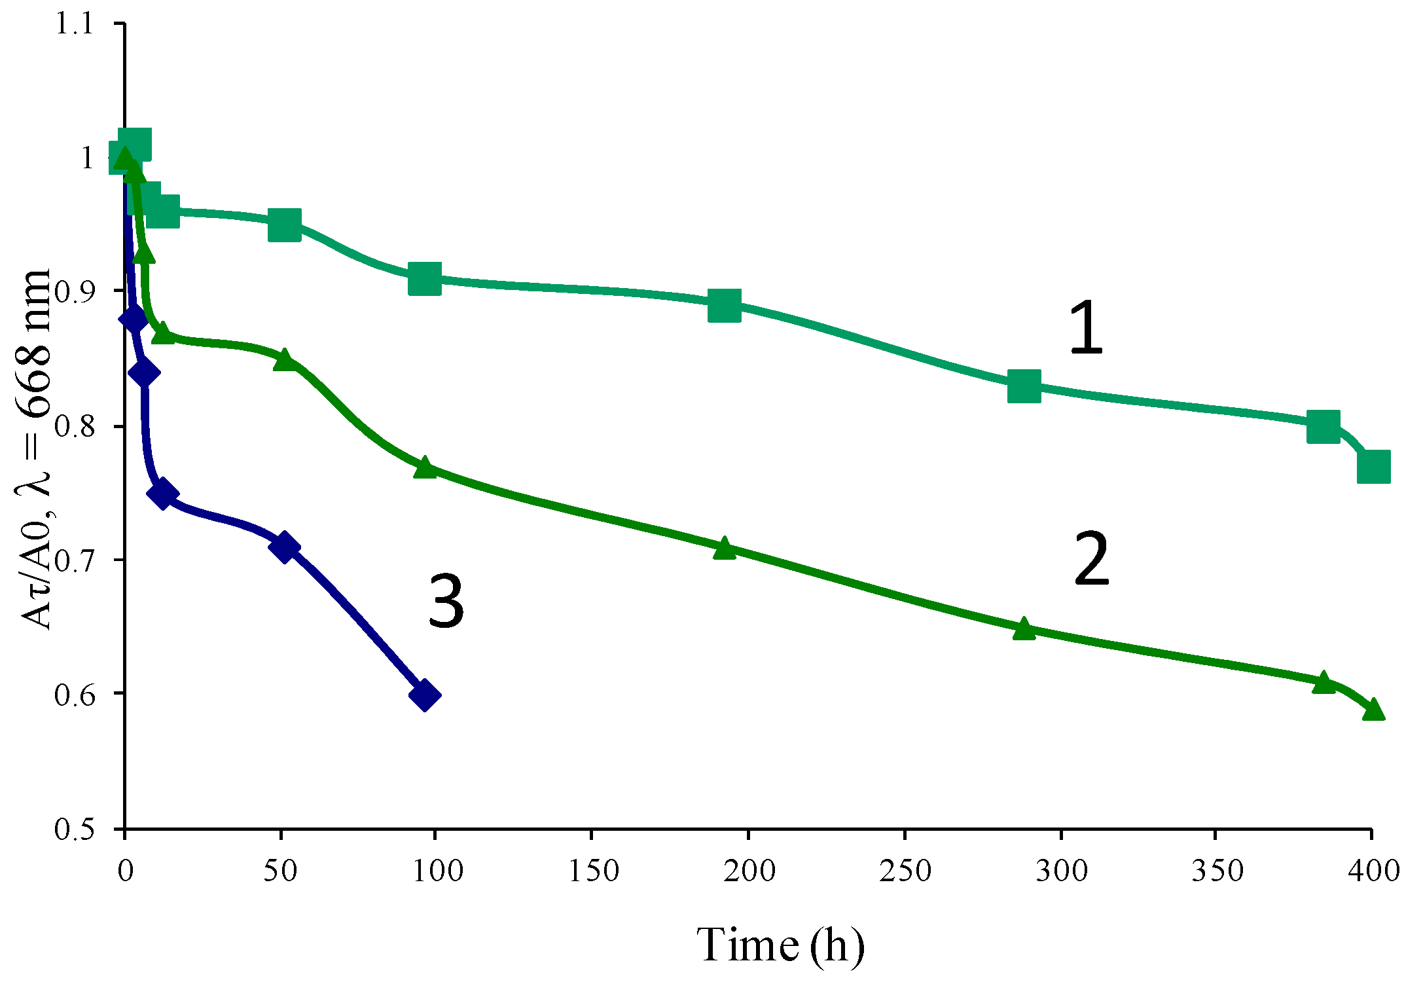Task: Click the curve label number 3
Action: pos(446,600)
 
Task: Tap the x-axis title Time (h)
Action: pos(780,945)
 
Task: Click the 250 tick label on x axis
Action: pos(905,871)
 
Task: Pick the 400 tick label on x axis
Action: pos(1372,871)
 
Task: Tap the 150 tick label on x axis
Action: pos(593,871)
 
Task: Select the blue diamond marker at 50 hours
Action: pos(284,547)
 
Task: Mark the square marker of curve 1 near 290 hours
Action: pos(1024,386)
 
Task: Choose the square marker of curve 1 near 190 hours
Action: pos(724,306)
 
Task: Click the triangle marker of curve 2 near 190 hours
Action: pos(724,547)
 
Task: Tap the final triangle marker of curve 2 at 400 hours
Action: pos(1373,710)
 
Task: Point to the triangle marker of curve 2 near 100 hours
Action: pos(425,467)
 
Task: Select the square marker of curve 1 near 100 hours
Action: pos(424,279)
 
